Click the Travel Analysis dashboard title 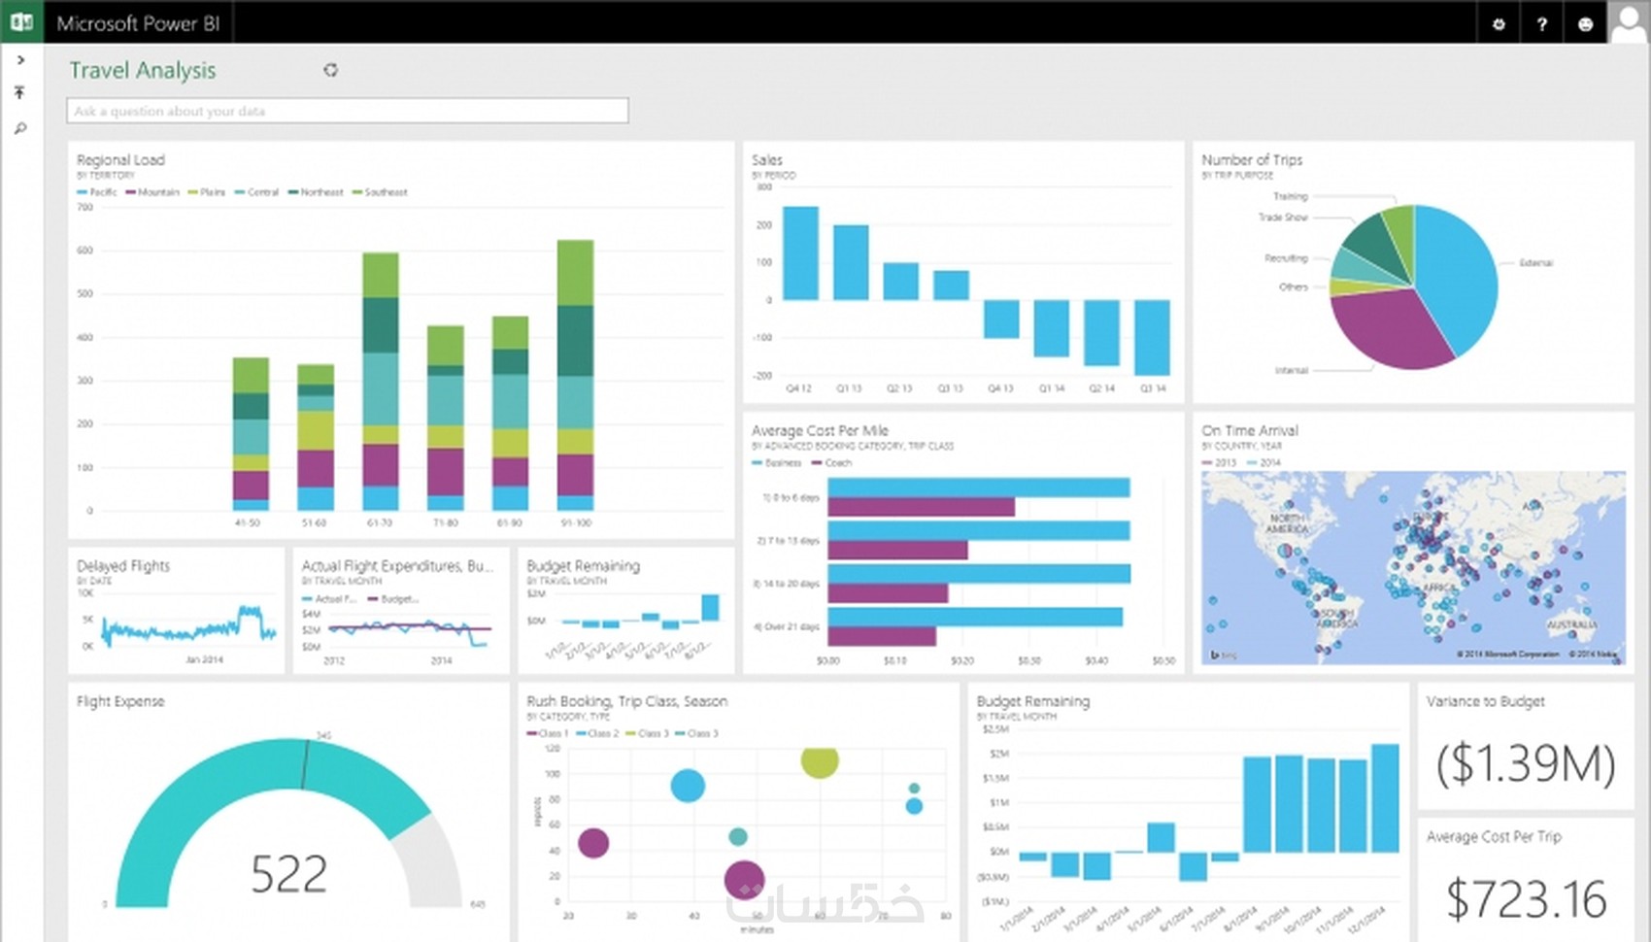143,71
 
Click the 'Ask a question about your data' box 347,111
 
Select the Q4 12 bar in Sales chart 800,252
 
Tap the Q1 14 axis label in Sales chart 1051,388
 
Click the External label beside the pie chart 1535,263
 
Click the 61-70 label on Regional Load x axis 380,522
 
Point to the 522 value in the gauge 288,874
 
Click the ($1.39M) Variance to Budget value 1526,764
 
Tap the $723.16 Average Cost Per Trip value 1526,898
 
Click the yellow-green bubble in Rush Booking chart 820,760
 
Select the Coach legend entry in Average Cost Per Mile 837,463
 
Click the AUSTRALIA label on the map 1570,624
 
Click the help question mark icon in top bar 1542,24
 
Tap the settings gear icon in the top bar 1499,24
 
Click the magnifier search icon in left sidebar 20,128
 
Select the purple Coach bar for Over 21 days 881,636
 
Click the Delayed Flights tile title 123,566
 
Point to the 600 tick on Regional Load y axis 85,251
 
